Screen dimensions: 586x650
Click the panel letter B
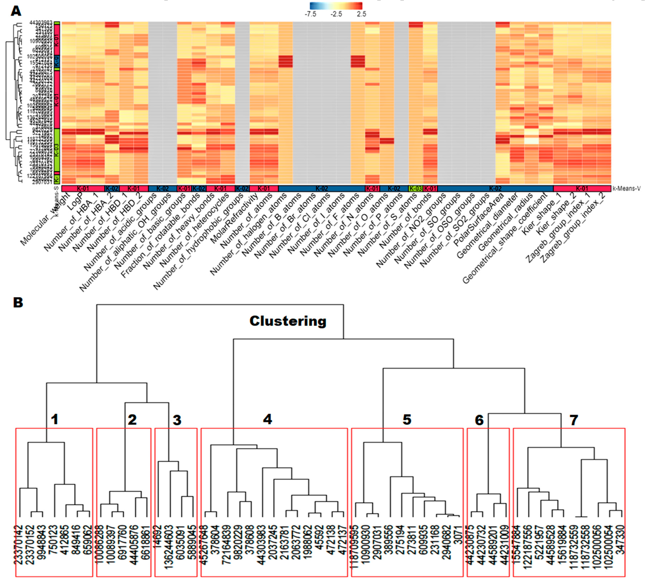18,303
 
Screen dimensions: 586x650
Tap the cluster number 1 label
55,419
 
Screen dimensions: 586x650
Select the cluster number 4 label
267,419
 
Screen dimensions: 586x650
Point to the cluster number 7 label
574,420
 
